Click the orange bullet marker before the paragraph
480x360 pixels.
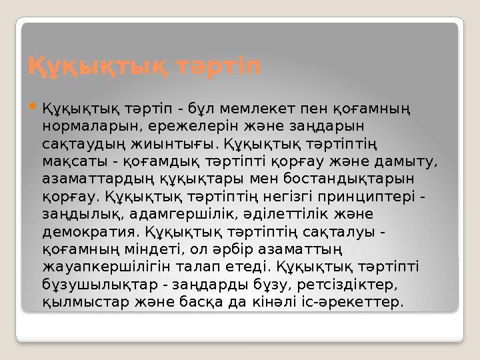tap(33, 107)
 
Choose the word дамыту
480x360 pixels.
tap(411, 161)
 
